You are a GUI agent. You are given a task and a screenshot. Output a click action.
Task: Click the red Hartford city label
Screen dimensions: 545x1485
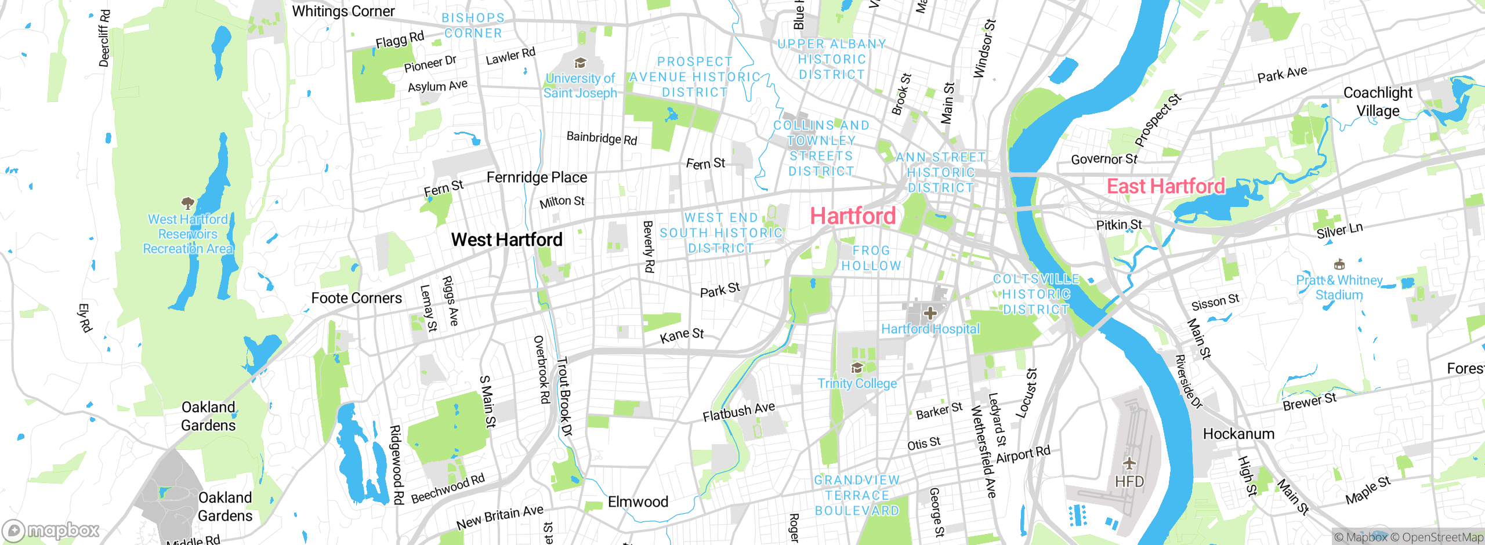pyautogui.click(x=853, y=216)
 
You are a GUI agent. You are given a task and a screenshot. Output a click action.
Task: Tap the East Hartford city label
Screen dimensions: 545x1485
pyautogui.click(x=1166, y=186)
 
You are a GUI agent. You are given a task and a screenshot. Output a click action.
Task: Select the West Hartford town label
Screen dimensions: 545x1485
pyautogui.click(x=507, y=239)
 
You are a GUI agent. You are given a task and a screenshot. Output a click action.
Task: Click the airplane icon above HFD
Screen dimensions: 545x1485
pyautogui.click(x=1129, y=463)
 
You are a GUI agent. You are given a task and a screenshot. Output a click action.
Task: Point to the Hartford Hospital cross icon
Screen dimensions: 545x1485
pyautogui.click(x=930, y=314)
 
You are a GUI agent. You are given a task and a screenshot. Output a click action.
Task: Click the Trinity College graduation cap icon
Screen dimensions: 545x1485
pyautogui.click(x=857, y=368)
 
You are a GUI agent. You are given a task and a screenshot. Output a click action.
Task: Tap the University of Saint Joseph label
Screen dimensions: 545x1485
pyautogui.click(x=580, y=86)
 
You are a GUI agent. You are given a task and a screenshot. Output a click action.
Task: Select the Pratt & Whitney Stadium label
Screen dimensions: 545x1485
pyautogui.click(x=1339, y=288)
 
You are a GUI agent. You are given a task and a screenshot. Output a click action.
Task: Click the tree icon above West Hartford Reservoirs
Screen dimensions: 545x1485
pyautogui.click(x=187, y=203)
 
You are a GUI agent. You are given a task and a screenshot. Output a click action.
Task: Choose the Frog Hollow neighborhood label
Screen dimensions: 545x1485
pyautogui.click(x=871, y=258)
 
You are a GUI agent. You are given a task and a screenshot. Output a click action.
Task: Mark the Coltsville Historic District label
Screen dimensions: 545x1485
pyautogui.click(x=1036, y=295)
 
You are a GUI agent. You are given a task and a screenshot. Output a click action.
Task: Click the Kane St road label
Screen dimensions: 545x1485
pyautogui.click(x=682, y=335)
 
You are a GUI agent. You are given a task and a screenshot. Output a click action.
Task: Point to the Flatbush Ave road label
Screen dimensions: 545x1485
pyautogui.click(x=738, y=412)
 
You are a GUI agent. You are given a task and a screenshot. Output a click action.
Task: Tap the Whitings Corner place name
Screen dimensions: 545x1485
pyautogui.click(x=343, y=11)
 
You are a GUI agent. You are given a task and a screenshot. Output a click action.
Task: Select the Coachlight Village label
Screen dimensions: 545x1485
pyautogui.click(x=1378, y=101)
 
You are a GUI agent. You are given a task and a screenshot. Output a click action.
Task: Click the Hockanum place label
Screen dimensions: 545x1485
pyautogui.click(x=1238, y=434)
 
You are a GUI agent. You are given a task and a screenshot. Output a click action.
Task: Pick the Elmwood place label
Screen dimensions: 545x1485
pyautogui.click(x=638, y=502)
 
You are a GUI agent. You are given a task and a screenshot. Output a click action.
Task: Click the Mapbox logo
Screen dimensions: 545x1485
pyautogui.click(x=51, y=530)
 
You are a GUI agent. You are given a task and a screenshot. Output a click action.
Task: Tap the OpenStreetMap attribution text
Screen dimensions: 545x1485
pyautogui.click(x=1436, y=537)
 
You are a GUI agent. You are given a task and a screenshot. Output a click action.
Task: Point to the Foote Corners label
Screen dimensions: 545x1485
pyautogui.click(x=356, y=298)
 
